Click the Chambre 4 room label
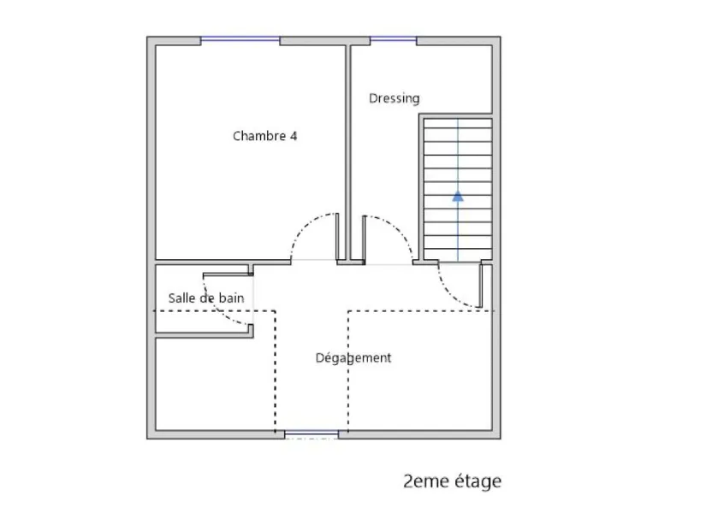pos(264,136)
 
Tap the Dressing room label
pos(395,98)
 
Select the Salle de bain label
pos(206,298)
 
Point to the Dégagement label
pos(353,358)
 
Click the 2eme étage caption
pos(452,481)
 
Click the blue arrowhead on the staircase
pos(458,196)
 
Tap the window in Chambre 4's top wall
pos(240,39)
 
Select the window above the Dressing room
pos(394,39)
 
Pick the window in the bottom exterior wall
pos(311,434)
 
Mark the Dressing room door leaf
pos(365,239)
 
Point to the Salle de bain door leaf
pos(226,274)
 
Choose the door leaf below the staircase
pos(481,286)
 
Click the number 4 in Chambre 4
pos(294,136)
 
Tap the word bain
pos(232,298)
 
